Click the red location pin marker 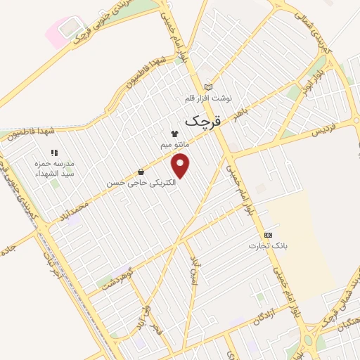[x=181, y=165]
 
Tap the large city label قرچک [x=202, y=121]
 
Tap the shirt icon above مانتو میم [x=175, y=134]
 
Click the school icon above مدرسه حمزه [x=54, y=152]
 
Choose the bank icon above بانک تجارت [x=266, y=235]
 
